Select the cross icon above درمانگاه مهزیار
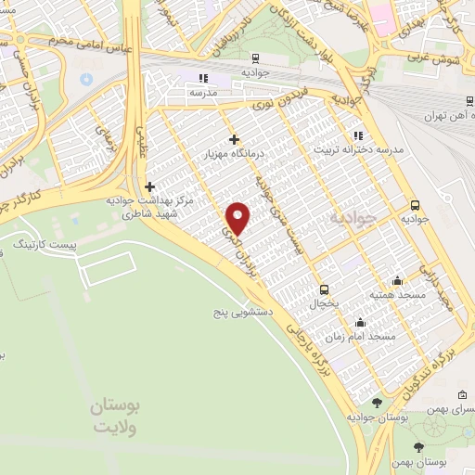(234, 139)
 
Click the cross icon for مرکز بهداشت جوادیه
(149, 186)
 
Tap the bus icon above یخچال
(324, 288)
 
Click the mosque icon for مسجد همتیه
(397, 280)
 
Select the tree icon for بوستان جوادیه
(377, 402)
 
